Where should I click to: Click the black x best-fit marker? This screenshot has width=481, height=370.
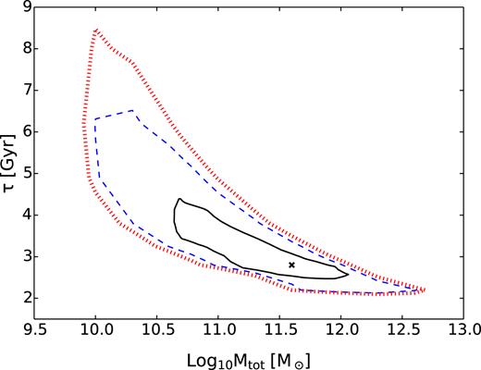[291, 265]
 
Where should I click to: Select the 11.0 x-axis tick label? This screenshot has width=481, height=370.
[218, 329]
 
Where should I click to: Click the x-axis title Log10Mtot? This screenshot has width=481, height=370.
[249, 355]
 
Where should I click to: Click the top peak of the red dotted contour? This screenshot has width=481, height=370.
[96, 30]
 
